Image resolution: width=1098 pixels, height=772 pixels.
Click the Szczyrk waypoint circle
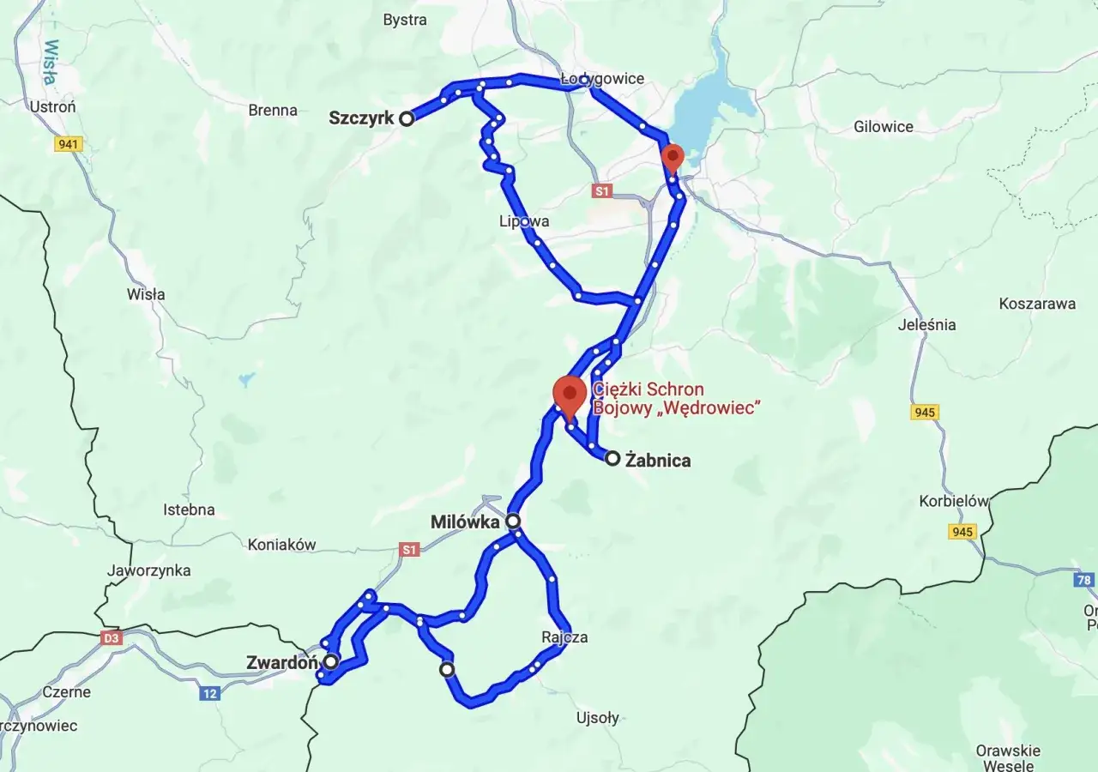(x=407, y=119)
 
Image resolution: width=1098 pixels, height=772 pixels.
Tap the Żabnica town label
(x=658, y=461)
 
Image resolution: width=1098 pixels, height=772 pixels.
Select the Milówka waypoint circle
(x=513, y=521)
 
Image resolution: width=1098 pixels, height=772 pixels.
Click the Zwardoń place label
(x=282, y=662)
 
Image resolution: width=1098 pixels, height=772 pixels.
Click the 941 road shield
(x=68, y=144)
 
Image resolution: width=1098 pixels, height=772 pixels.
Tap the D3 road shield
(x=112, y=638)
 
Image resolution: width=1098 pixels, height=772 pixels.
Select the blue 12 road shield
(x=209, y=693)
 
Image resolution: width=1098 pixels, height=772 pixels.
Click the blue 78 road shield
(x=1083, y=580)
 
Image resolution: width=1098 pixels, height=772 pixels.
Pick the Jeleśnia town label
(x=926, y=324)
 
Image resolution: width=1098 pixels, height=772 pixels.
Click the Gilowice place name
(x=884, y=126)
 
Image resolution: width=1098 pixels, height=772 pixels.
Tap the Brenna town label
(x=273, y=110)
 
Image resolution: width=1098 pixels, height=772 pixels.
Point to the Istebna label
(x=189, y=510)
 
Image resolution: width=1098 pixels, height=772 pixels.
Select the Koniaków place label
(x=281, y=544)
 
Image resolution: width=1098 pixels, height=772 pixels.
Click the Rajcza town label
(x=564, y=637)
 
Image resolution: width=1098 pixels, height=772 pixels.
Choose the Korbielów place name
(x=953, y=501)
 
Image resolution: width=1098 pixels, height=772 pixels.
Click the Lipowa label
(x=524, y=221)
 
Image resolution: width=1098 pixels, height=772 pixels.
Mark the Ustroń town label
(x=53, y=107)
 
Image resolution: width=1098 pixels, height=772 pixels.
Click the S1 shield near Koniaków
(x=409, y=549)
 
